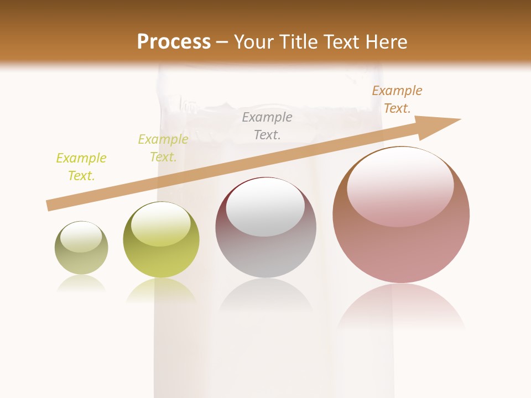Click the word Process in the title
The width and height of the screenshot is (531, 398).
(174, 41)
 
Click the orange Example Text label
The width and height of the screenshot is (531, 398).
(397, 99)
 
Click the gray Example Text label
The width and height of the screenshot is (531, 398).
(267, 125)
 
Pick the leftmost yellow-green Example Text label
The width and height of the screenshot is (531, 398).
(81, 167)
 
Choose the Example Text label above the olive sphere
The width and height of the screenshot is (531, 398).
(163, 148)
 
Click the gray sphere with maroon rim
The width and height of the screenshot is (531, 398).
(265, 243)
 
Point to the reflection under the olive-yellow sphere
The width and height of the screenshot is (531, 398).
(161, 290)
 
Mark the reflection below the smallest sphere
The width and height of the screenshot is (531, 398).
(81, 283)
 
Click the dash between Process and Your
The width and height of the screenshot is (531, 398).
(222, 42)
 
